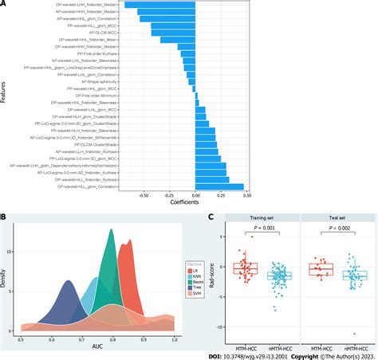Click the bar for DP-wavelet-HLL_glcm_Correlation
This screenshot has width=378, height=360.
(x=220, y=187)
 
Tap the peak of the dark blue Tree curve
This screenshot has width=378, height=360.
(x=69, y=283)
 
